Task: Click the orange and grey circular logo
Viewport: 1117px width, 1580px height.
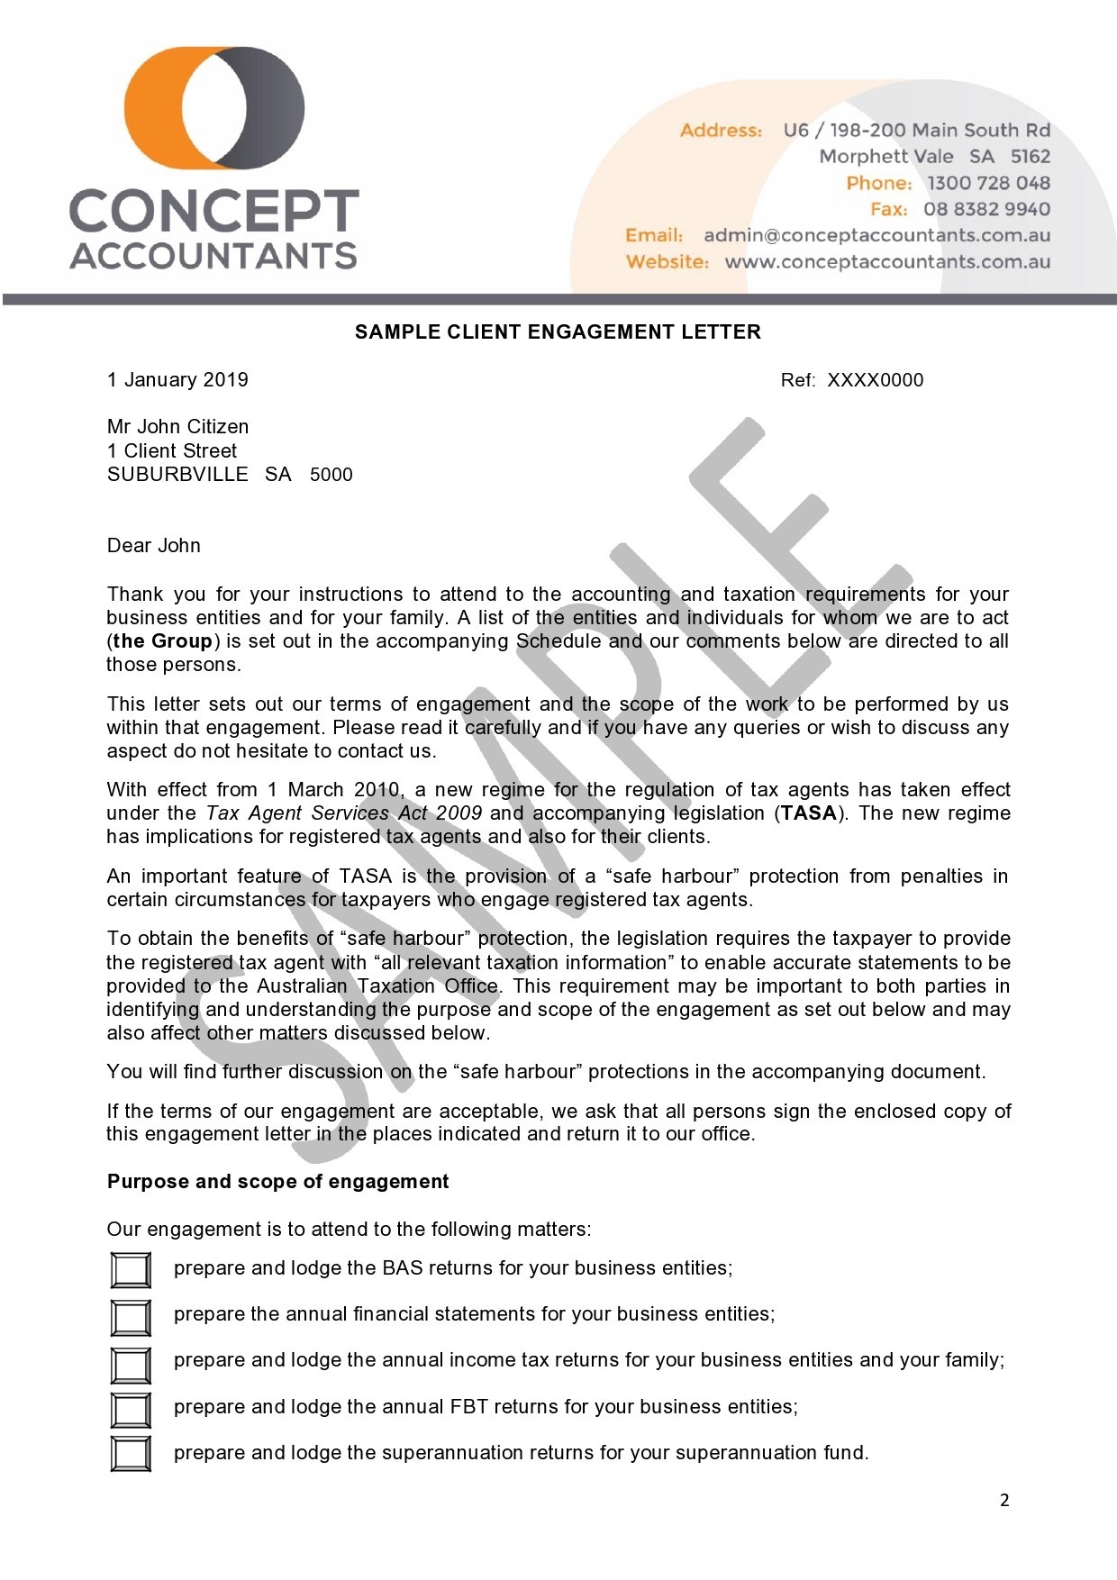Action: (x=214, y=108)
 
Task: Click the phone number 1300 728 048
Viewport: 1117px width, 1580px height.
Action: (x=988, y=183)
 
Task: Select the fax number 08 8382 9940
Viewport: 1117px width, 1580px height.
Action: (x=986, y=209)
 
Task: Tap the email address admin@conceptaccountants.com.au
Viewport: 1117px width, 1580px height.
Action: (x=876, y=235)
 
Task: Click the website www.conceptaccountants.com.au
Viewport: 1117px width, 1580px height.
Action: (x=887, y=261)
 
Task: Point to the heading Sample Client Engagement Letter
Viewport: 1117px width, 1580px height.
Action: (x=558, y=331)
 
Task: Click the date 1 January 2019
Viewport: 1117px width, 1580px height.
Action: (x=177, y=379)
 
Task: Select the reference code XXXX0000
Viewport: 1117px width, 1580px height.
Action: (x=875, y=379)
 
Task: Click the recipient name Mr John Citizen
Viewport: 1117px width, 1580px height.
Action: (x=177, y=426)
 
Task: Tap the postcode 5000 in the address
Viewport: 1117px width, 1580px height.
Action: (x=331, y=475)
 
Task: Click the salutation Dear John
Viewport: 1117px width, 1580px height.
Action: (x=154, y=545)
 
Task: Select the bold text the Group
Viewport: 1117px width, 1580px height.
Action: (x=163, y=640)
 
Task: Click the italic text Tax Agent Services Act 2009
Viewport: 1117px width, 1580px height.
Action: (x=344, y=813)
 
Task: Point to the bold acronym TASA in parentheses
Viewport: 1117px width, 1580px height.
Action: (x=809, y=813)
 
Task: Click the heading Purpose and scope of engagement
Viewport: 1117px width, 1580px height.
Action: (x=277, y=1181)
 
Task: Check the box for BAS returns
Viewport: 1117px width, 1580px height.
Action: (x=131, y=1270)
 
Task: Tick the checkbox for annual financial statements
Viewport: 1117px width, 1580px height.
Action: (x=131, y=1317)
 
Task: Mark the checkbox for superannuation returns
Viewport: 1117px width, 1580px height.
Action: (x=131, y=1454)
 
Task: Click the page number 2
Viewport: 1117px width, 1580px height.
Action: (x=1004, y=1500)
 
